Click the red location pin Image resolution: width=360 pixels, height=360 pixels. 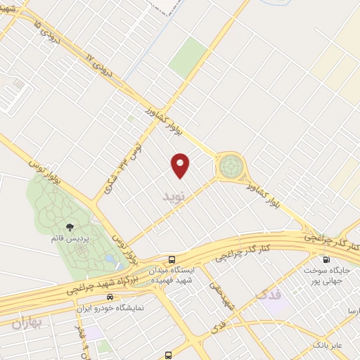pos(181,165)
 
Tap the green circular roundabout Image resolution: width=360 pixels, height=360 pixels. pos(230,167)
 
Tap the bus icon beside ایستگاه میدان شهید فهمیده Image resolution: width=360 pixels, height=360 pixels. pos(173,259)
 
